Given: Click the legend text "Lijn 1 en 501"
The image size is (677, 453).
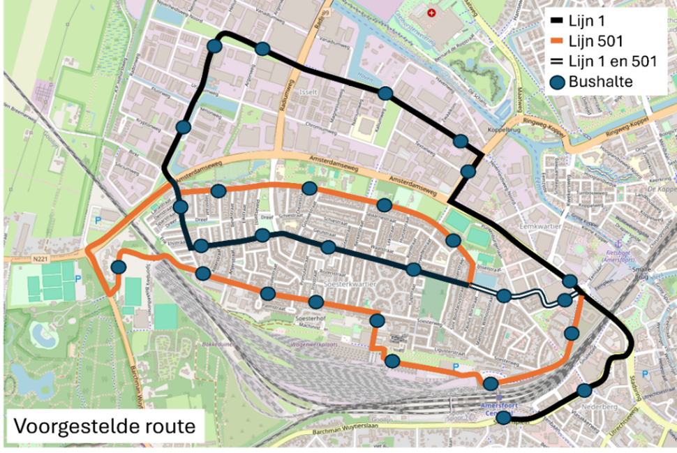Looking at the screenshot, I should click(613, 61).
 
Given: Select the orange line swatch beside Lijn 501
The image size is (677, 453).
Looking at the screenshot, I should click(556, 41).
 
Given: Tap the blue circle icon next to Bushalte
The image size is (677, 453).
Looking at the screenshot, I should click(556, 82).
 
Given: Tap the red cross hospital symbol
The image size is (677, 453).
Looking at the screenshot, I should click(431, 13).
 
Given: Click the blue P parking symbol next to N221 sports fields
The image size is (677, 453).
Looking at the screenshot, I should click(77, 279).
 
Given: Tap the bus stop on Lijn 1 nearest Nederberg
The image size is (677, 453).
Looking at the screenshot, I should click(585, 390).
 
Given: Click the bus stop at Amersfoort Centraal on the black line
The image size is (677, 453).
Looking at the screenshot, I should click(502, 418).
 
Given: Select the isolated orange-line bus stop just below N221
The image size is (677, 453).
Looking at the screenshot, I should click(119, 267).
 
